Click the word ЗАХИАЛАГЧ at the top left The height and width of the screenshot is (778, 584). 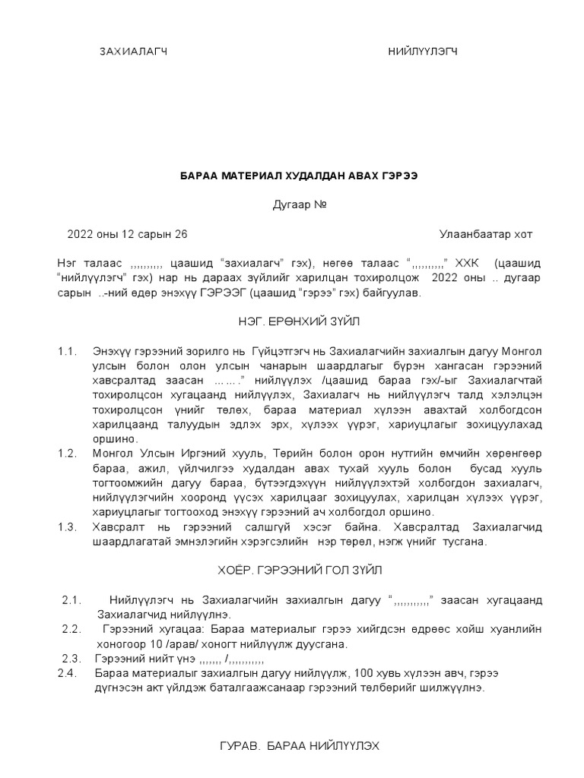click(133, 52)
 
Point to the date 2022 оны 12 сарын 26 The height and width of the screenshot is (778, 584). click(127, 234)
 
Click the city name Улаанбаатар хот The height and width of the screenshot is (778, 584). click(486, 234)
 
